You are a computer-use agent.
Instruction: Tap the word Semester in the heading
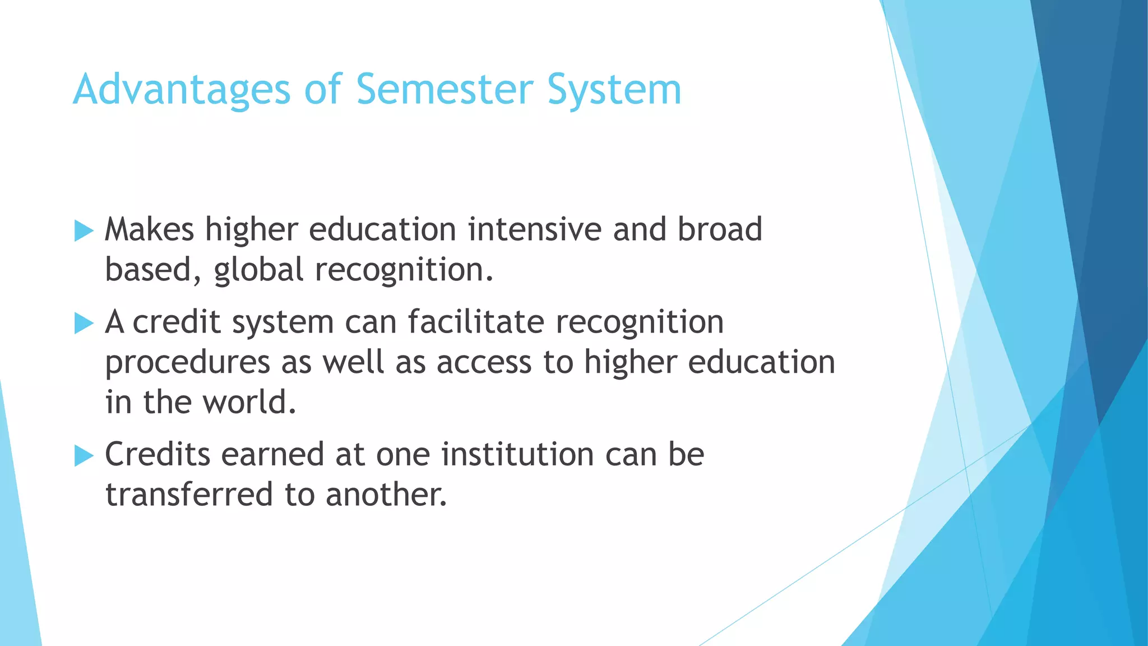(x=445, y=90)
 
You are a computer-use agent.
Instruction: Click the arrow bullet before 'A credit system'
(x=84, y=324)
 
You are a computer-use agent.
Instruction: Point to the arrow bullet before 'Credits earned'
(x=84, y=456)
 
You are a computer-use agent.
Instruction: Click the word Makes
(x=149, y=230)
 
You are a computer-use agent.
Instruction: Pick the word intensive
(x=534, y=230)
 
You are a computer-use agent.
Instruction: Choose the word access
(x=484, y=363)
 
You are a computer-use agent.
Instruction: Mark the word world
(x=249, y=403)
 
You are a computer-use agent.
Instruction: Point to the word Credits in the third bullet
(x=158, y=454)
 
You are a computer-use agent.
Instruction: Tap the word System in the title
(x=614, y=90)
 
